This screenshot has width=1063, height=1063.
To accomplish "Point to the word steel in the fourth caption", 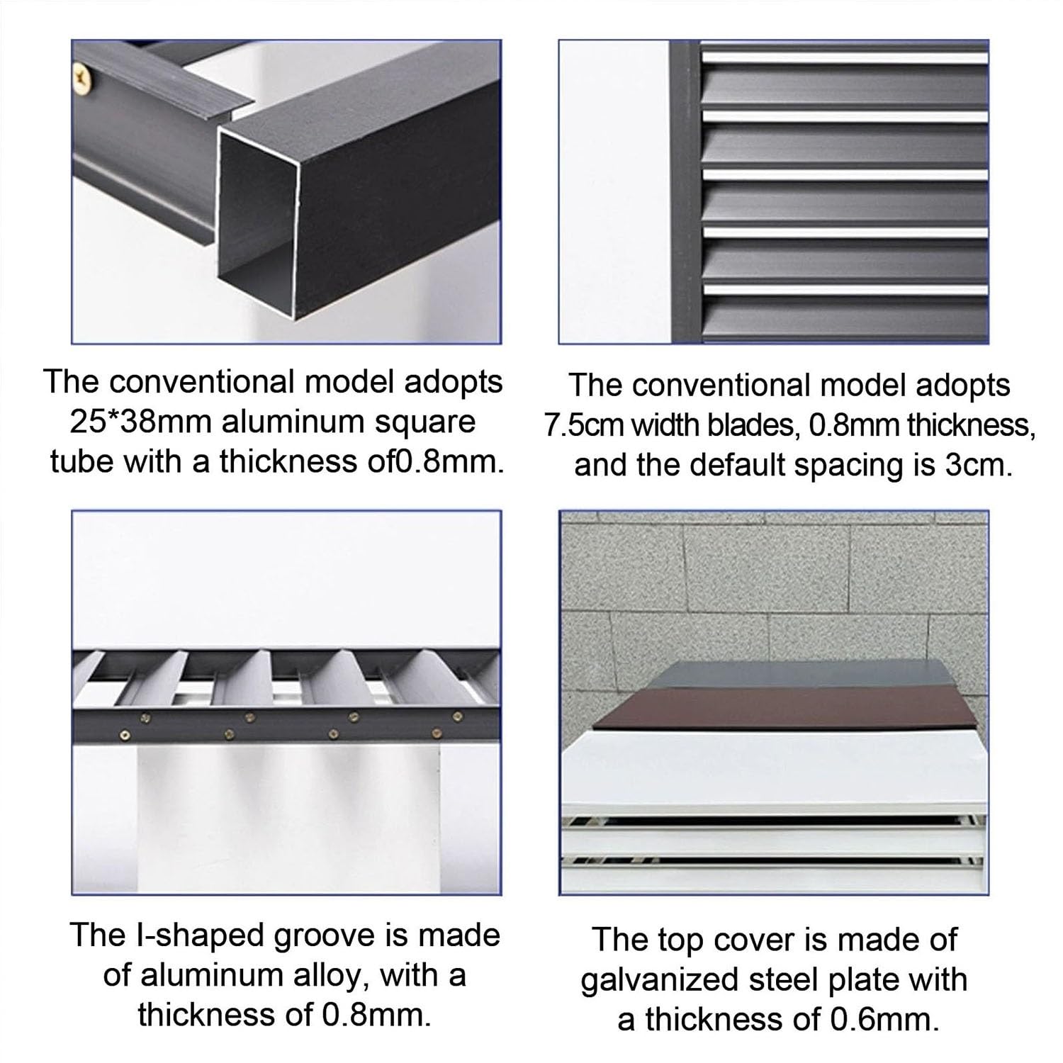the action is tap(761, 980).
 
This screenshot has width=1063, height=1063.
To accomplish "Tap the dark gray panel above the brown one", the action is tap(779, 673).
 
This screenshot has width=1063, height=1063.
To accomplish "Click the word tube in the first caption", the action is tap(81, 461).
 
